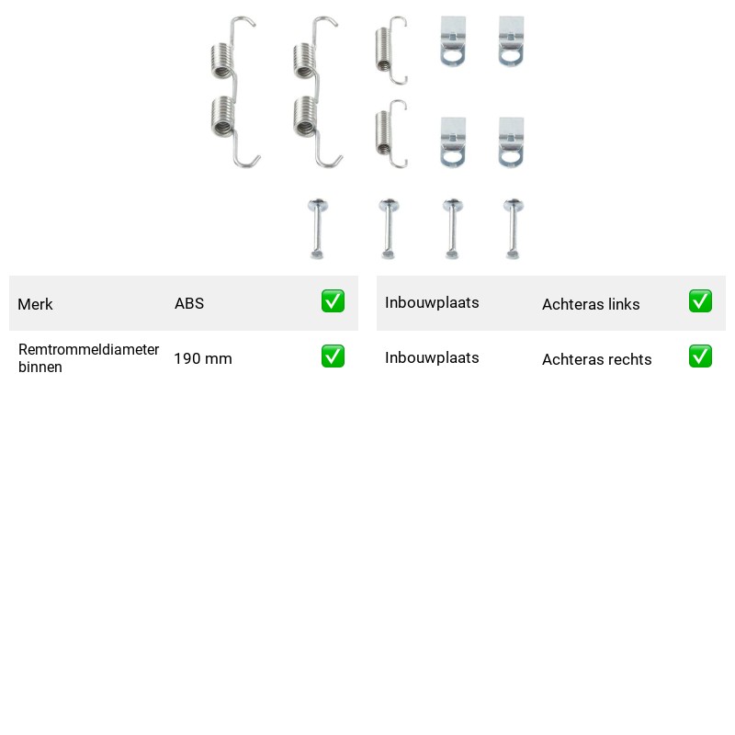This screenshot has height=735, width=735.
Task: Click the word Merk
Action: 35,304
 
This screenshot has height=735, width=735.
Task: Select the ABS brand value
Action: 189,303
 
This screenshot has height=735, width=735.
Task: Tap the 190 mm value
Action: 203,358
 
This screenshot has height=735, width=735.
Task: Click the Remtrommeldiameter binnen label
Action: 88,358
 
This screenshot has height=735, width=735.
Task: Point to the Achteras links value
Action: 591,304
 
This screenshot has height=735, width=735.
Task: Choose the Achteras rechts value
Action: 596,359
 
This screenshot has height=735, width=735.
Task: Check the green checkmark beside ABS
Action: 333,301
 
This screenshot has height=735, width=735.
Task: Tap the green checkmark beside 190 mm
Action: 333,356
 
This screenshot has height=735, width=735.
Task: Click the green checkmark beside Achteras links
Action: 700,301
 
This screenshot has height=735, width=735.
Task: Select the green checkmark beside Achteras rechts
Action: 700,356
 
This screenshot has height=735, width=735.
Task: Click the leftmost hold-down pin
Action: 317,229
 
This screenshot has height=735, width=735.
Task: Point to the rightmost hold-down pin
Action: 514,229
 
